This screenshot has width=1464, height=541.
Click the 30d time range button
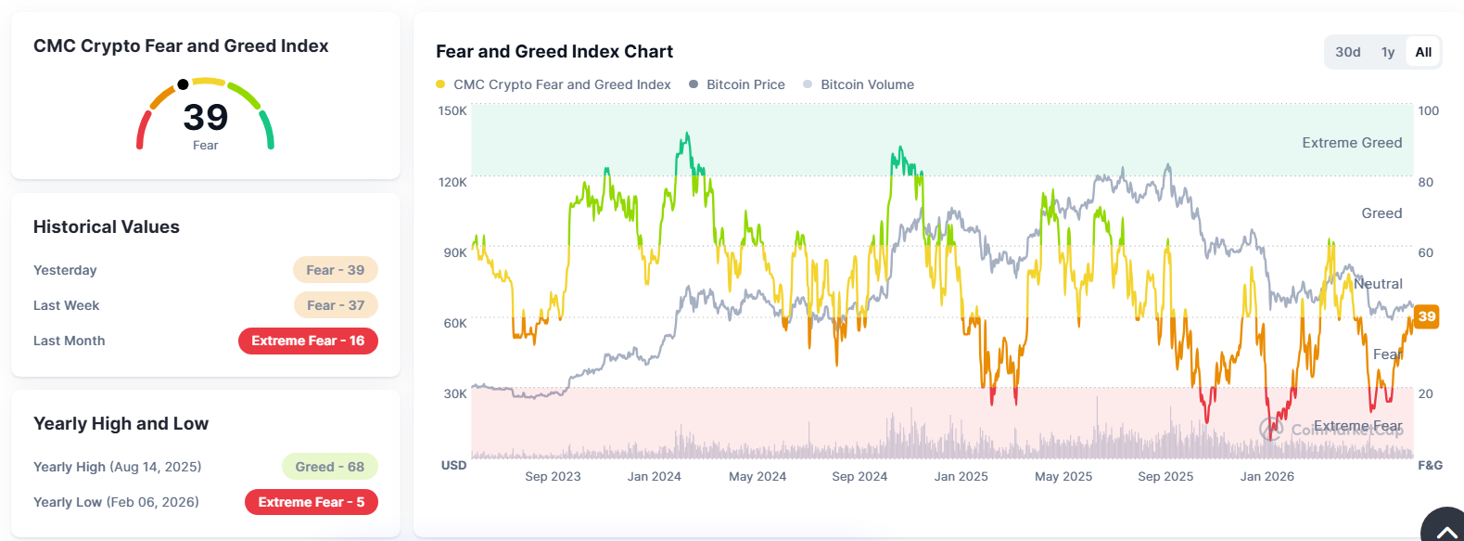click(x=1348, y=52)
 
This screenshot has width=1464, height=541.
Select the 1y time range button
click(x=1388, y=52)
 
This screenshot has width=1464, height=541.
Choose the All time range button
click(x=1423, y=52)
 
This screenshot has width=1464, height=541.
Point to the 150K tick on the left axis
click(x=452, y=110)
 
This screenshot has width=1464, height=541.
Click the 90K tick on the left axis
click(x=455, y=252)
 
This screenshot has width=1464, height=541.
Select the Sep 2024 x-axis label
click(x=859, y=476)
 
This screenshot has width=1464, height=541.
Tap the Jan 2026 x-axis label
click(x=1267, y=476)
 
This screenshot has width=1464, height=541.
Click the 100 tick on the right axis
click(x=1428, y=110)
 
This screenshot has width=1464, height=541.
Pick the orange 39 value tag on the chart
click(x=1427, y=317)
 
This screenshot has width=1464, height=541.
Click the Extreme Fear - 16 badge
click(x=308, y=341)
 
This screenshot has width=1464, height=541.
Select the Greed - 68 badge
click(x=329, y=467)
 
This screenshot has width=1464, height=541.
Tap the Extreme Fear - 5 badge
click(x=312, y=502)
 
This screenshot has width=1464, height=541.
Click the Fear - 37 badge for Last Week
click(x=336, y=305)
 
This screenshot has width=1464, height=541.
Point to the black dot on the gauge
click(x=183, y=84)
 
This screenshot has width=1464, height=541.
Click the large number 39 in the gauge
click(x=206, y=117)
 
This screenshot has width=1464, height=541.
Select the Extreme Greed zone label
click(x=1352, y=143)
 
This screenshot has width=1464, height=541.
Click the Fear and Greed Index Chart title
click(x=554, y=52)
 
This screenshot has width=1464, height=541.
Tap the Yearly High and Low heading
click(x=121, y=423)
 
